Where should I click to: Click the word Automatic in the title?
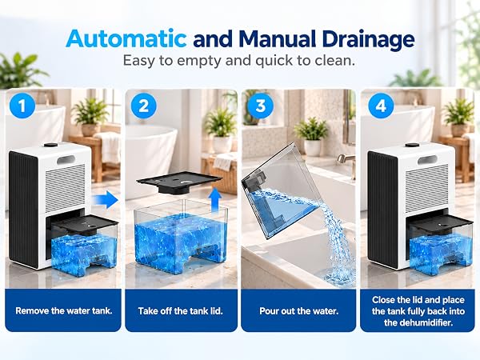126,39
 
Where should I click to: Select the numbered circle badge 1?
22,106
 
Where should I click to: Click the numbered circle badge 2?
143,106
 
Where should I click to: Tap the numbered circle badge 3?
260,106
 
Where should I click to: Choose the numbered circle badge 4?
381,106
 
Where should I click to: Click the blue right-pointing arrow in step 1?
105,199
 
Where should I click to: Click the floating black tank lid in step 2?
179,182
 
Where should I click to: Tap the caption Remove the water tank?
64,310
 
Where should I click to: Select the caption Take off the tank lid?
180,311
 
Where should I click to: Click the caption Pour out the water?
298,311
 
